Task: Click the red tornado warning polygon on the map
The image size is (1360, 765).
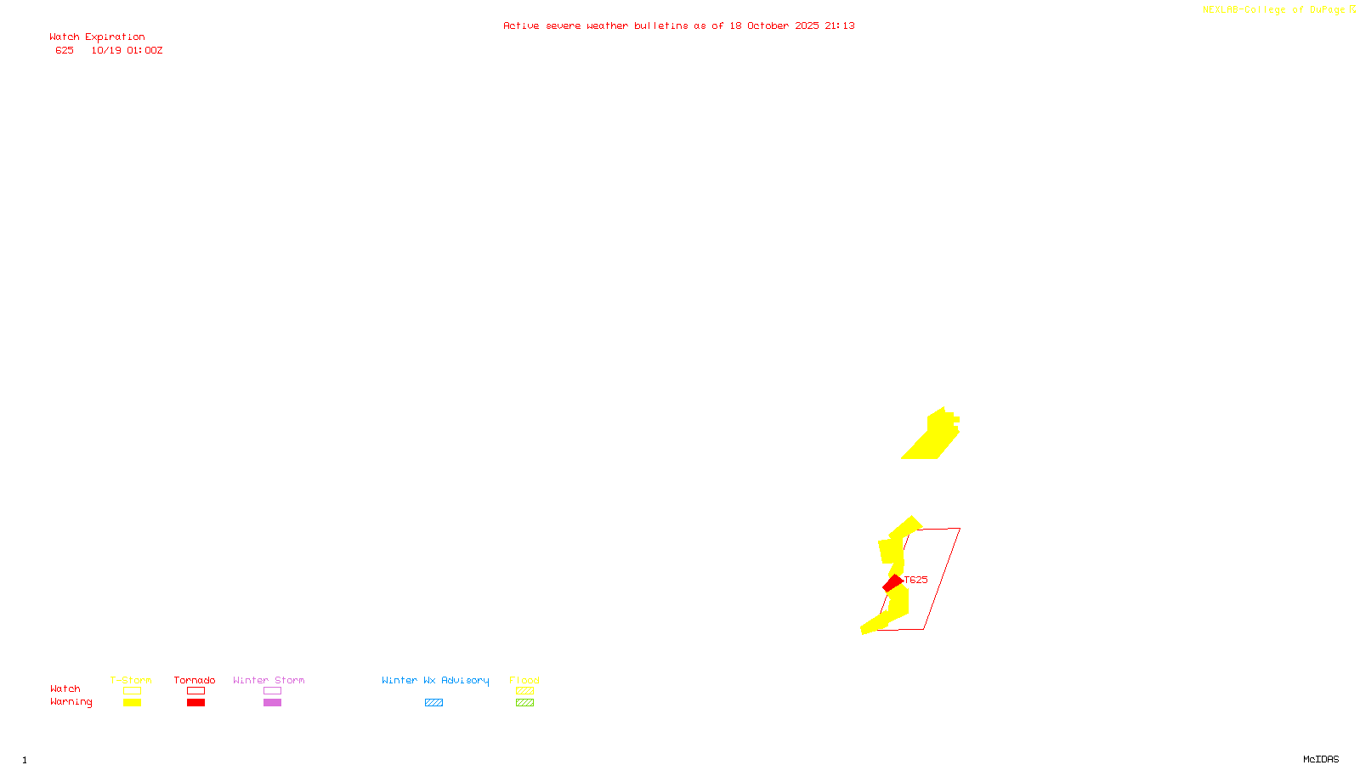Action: pos(892,583)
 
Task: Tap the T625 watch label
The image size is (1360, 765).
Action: pos(916,580)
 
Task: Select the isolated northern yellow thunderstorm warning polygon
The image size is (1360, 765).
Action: pos(934,436)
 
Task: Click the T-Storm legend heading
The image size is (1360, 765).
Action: pos(131,680)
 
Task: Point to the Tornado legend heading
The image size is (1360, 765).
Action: pos(195,680)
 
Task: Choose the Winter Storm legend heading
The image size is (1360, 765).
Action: pos(269,680)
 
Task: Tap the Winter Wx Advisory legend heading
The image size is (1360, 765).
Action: pos(435,680)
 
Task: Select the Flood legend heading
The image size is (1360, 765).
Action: pos(524,680)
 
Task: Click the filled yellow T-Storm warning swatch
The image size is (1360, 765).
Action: pos(132,703)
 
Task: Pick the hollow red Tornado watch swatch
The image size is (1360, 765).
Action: pos(195,691)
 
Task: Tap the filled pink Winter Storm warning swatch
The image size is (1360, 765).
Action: pos(272,703)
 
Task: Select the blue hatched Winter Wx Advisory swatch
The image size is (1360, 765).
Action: pos(433,703)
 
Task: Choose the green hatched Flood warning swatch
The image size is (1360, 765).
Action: pos(524,703)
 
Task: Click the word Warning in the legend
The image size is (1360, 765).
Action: pos(71,702)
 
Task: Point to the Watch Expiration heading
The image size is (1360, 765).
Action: pos(97,37)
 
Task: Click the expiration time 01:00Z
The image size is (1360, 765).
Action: pos(144,50)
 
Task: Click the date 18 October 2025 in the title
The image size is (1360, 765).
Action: pos(773,25)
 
